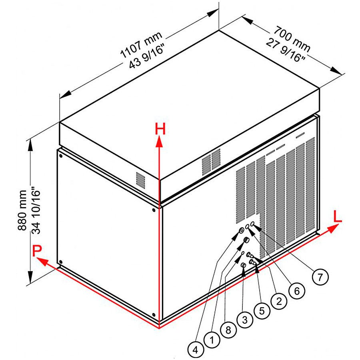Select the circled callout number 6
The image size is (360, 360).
[296, 291]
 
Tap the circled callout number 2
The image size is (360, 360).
[279, 300]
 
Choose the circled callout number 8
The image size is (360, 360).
[228, 330]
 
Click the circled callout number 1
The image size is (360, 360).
[212, 340]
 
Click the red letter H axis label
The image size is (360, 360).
[160, 129]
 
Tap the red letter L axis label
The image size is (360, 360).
[338, 216]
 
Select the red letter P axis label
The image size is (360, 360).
[37, 251]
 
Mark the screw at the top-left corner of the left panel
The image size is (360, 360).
[61, 153]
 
